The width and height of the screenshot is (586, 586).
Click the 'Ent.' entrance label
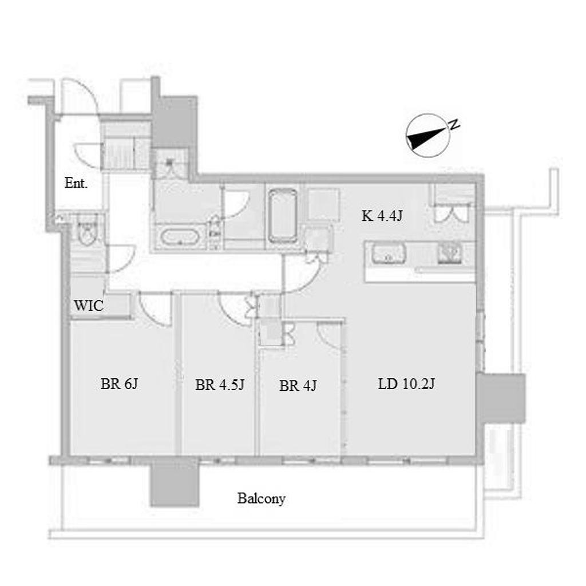pyautogui.click(x=76, y=183)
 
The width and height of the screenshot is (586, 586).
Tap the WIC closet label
pyautogui.click(x=89, y=306)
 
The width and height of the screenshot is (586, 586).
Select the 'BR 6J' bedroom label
pyautogui.click(x=119, y=384)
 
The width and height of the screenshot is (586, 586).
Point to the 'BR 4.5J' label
pyautogui.click(x=220, y=385)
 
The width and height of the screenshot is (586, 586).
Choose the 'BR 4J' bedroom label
pyautogui.click(x=298, y=386)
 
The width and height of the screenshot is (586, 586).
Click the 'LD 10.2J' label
pyautogui.click(x=406, y=384)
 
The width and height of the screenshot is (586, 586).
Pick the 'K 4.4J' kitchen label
pyautogui.click(x=382, y=216)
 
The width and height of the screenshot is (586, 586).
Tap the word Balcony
pyautogui.click(x=261, y=498)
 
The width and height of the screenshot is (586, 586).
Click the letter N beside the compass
pyautogui.click(x=454, y=124)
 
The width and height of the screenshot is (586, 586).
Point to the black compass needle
pyautogui.click(x=426, y=138)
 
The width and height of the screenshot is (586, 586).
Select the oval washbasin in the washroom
pyautogui.click(x=179, y=237)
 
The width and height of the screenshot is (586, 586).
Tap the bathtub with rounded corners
pyautogui.click(x=283, y=216)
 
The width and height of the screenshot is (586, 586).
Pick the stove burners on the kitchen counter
pyautogui.click(x=449, y=253)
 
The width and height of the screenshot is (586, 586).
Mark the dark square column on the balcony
pyautogui.click(x=175, y=482)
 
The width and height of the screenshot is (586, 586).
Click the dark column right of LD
pyautogui.click(x=501, y=398)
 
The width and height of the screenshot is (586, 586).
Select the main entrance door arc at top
pyautogui.click(x=81, y=96)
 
